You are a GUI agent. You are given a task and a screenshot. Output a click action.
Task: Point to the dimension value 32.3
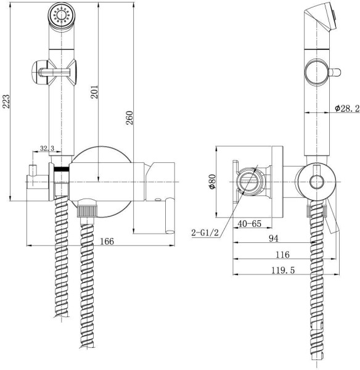coord(47,149)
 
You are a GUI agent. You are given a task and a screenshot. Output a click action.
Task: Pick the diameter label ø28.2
coord(348,108)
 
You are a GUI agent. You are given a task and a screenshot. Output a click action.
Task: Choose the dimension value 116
coord(283,254)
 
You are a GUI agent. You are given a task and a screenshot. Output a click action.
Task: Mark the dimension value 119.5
coord(283,270)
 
